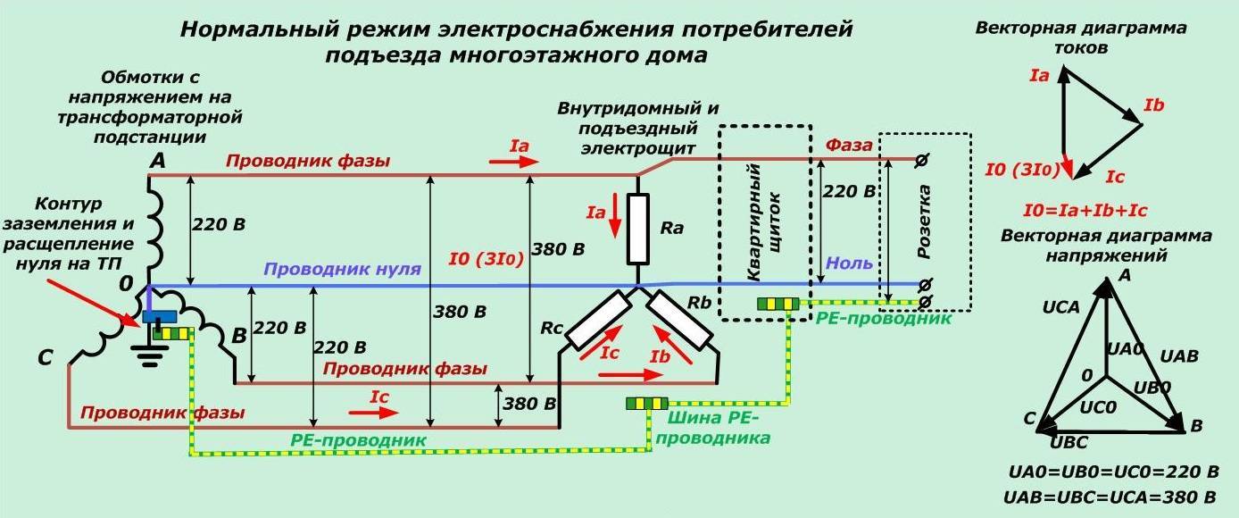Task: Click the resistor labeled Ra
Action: (x=637, y=230)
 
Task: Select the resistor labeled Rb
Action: (x=680, y=320)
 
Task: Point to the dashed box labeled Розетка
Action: (x=925, y=221)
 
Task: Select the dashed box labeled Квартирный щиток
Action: (x=765, y=221)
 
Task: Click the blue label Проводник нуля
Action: (x=342, y=269)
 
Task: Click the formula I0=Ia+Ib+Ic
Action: (x=1085, y=212)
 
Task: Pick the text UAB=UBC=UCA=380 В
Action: (x=1110, y=497)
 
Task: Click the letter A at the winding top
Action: (x=157, y=161)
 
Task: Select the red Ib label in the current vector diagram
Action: (x=1153, y=106)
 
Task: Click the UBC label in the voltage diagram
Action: (x=1069, y=441)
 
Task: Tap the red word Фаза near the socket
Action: (x=848, y=146)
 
